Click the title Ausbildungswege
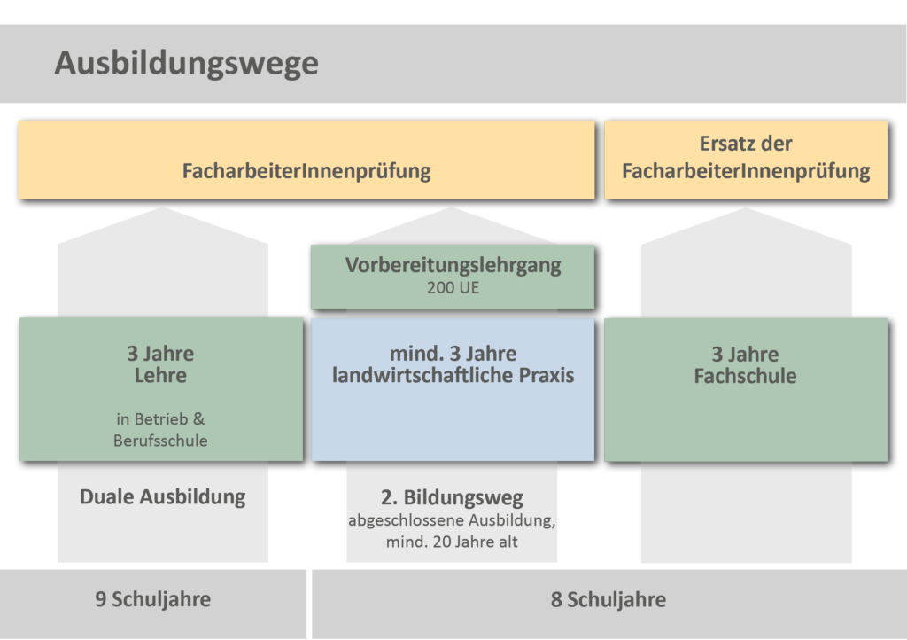coord(186,64)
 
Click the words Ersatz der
coord(746,144)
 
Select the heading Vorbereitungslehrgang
coord(453,265)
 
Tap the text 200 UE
coord(453,287)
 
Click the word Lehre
coord(161,376)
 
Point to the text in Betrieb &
coord(160,419)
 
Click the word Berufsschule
coord(160,441)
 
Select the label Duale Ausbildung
coord(163,497)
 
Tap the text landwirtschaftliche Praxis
coord(453,376)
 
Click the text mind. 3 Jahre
coord(453,354)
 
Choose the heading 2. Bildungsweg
coord(452,497)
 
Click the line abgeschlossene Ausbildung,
coord(452,520)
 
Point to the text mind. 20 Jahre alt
coord(452,542)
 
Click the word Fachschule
coord(745,376)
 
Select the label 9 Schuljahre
coord(152,599)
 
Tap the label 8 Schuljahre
coord(608,600)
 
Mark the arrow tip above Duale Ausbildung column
coord(163,207)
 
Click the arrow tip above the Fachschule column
coord(746,208)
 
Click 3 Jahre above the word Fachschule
coord(745,355)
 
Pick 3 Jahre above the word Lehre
coord(161,354)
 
